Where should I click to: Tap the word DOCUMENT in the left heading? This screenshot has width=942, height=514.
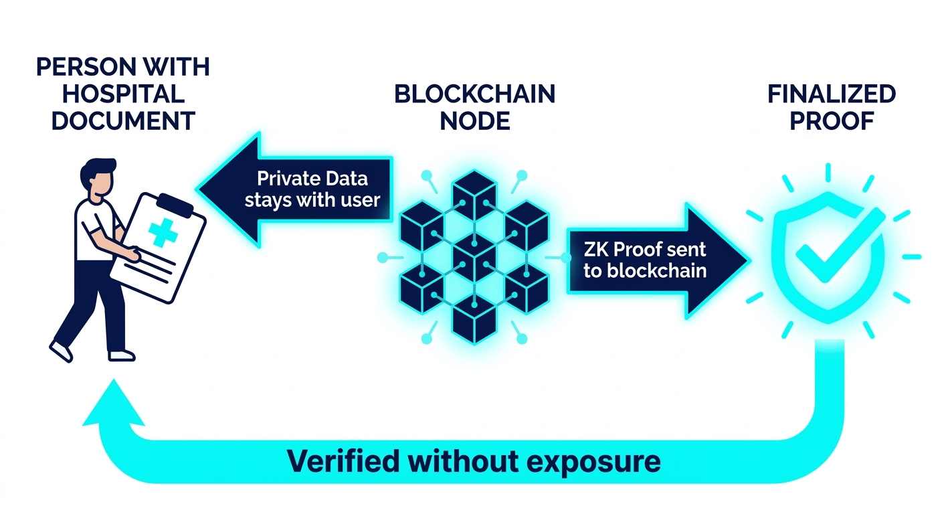(123, 121)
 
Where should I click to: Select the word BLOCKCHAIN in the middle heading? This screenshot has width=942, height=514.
(474, 94)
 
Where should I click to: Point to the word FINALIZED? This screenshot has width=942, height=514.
(831, 94)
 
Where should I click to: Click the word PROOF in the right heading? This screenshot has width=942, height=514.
(832, 121)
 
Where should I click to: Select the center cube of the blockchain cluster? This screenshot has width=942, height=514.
(474, 257)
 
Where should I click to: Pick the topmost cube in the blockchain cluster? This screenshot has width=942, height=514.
(474, 191)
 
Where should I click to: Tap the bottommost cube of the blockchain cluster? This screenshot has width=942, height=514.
(474, 322)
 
